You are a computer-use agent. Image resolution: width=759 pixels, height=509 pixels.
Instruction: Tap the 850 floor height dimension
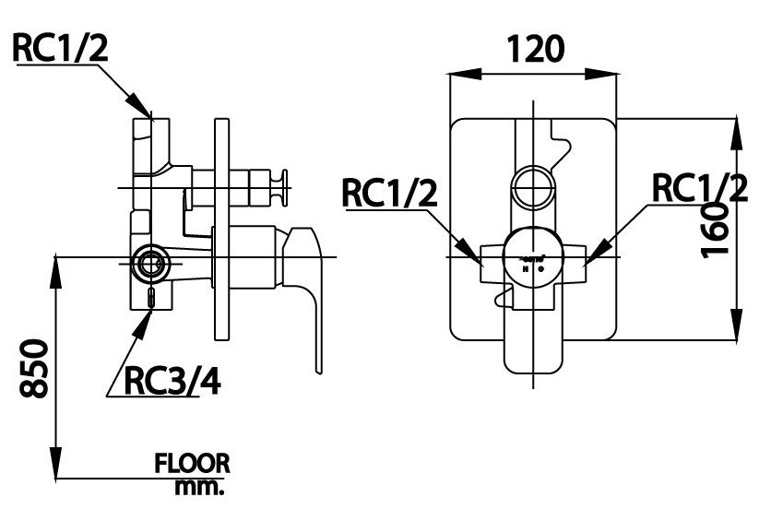(33, 369)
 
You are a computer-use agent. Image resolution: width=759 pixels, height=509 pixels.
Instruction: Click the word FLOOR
(193, 462)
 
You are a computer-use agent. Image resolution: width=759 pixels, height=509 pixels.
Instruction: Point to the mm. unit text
(200, 485)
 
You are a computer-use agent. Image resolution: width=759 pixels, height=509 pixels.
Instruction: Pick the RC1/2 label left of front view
(388, 193)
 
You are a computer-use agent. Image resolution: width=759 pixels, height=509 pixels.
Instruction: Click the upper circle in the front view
(532, 185)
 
